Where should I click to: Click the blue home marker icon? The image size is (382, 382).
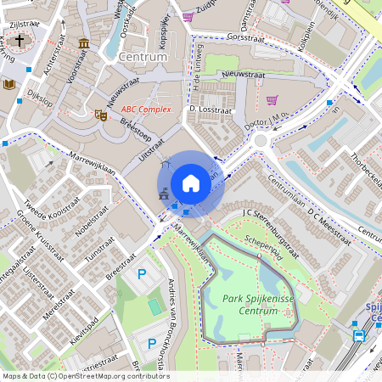pyautogui.click(x=191, y=183)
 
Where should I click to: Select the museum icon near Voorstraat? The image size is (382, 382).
pyautogui.click(x=83, y=43)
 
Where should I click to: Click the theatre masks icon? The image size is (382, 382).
pyautogui.click(x=100, y=114)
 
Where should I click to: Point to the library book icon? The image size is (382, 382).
pyautogui.click(x=9, y=84)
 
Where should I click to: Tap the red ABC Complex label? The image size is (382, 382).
pyautogui.click(x=146, y=110)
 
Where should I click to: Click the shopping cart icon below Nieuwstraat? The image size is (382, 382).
pyautogui.click(x=272, y=100)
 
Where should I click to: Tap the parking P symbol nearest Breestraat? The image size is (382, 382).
pyautogui.click(x=143, y=274)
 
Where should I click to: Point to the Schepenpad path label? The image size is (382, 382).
pyautogui.click(x=263, y=243)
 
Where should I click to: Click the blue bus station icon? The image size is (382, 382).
pyautogui.click(x=359, y=336)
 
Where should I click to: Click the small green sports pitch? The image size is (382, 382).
pyautogui.click(x=154, y=305)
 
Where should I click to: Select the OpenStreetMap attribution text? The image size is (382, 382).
pyautogui.click(x=85, y=376)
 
